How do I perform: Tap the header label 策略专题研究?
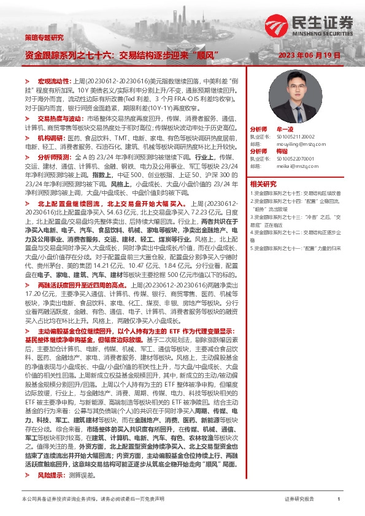(44, 37)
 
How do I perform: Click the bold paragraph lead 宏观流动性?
(54, 81)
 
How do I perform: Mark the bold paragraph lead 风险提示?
(50, 475)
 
